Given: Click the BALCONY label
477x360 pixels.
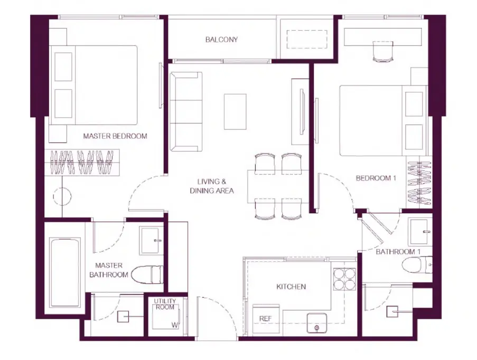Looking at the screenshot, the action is (221, 40).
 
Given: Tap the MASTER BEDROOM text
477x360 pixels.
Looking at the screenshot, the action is (115, 136).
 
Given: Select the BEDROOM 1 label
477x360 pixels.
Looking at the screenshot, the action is (376, 178).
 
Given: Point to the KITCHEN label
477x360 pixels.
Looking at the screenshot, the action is (291, 287).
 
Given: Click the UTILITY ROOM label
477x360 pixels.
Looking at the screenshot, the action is (165, 304).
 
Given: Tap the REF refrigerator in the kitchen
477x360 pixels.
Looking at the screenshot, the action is (266, 319).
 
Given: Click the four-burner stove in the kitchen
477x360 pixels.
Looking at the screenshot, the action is (344, 279).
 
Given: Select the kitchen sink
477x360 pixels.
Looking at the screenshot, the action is (317, 323).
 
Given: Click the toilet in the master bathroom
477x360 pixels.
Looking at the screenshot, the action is (147, 274).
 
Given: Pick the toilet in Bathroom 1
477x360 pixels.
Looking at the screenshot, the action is (417, 265).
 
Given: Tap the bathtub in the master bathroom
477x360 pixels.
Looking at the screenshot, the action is (65, 272).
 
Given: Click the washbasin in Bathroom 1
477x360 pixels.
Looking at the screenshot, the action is (420, 232).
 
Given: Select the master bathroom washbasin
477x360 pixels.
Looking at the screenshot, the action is (151, 241).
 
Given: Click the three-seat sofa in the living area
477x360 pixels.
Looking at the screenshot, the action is (186, 111).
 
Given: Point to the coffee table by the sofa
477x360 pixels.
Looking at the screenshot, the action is (235, 111).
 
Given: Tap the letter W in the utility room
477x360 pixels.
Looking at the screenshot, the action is (175, 325).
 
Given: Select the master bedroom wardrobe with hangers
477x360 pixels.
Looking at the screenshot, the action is (82, 162).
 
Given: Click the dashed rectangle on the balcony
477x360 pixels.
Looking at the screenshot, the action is (307, 39).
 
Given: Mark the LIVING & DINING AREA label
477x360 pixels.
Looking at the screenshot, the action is (212, 186).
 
